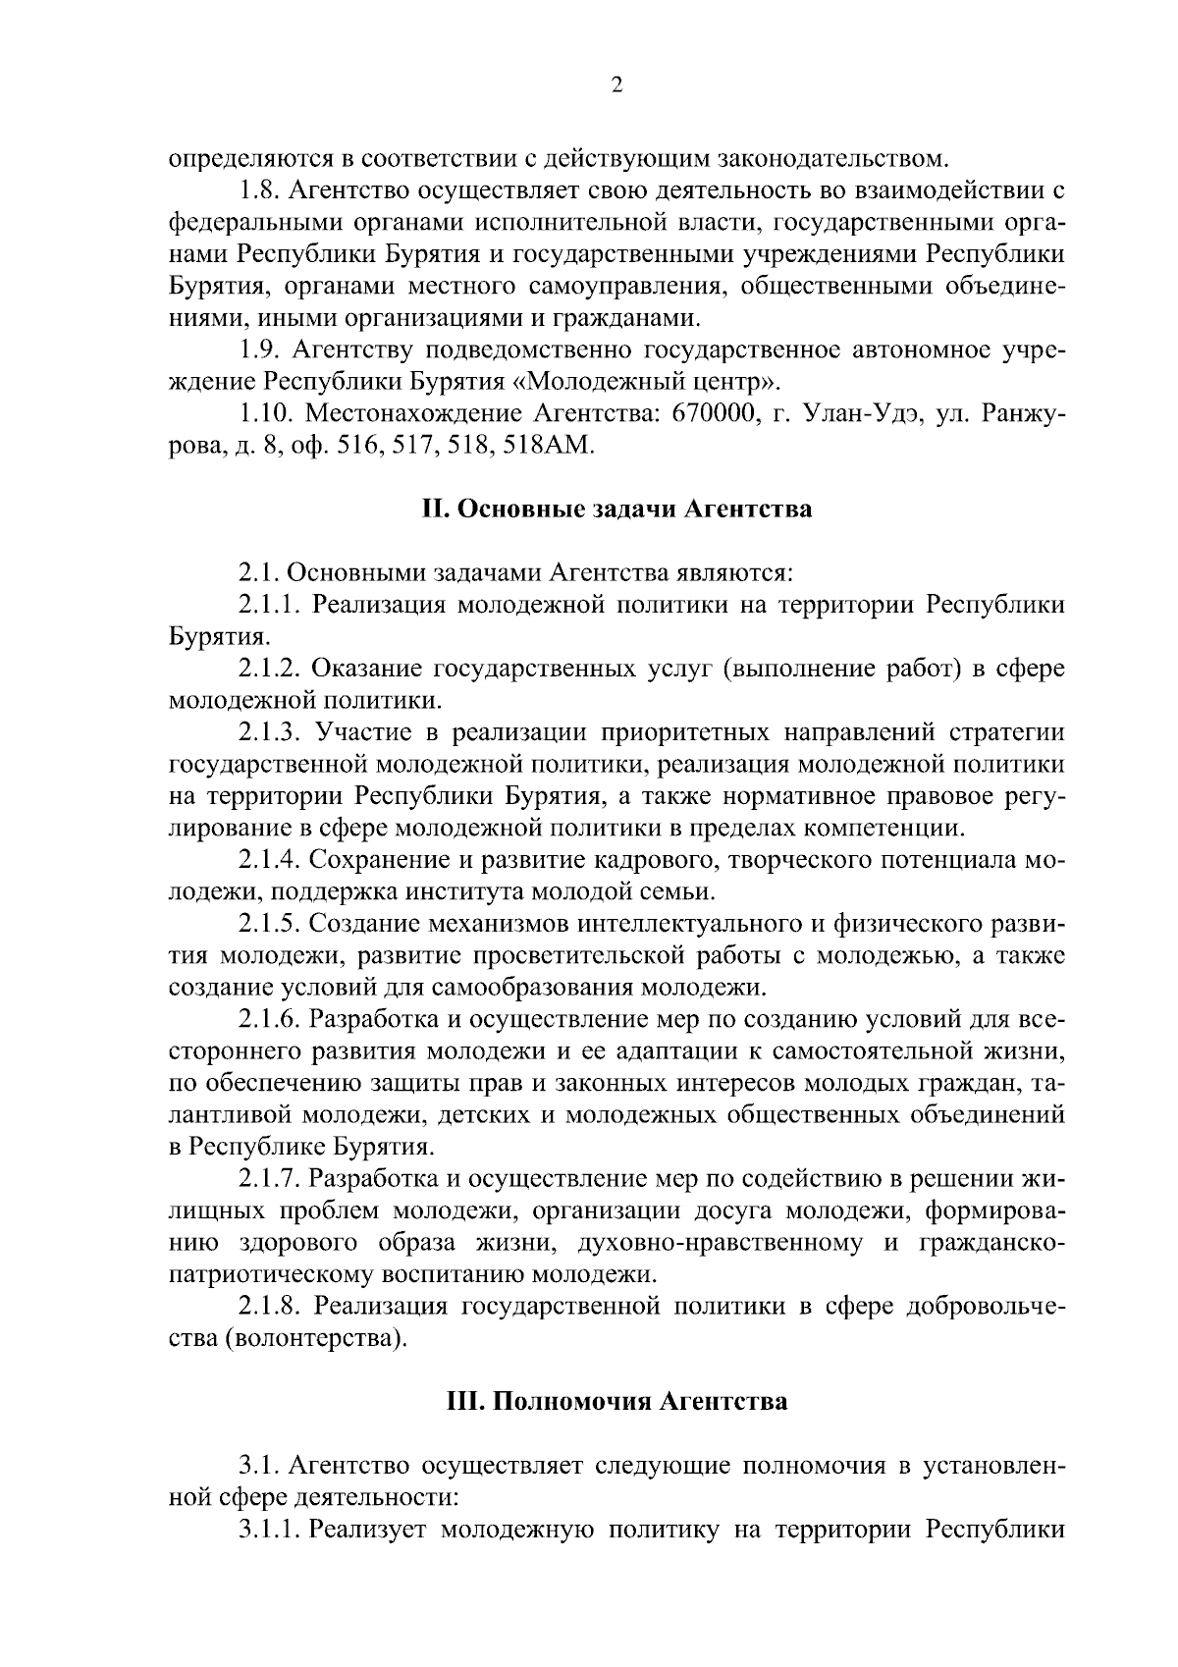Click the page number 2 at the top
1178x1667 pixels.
(x=616, y=85)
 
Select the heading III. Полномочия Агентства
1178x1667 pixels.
(x=616, y=1400)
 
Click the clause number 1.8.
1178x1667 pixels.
(x=259, y=189)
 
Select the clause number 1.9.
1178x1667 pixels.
(x=259, y=350)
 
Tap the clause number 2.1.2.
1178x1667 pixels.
(x=268, y=669)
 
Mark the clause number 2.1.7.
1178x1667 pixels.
(x=268, y=1178)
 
